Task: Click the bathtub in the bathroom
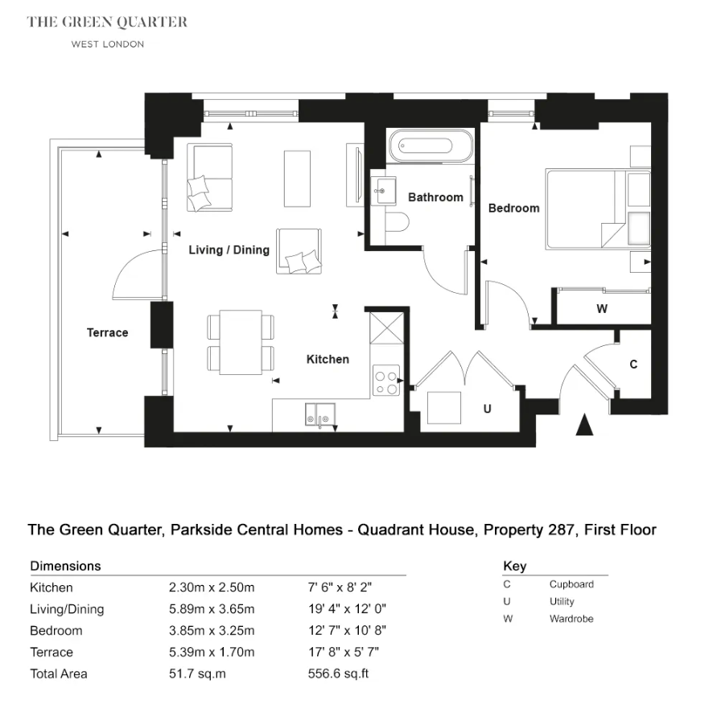coord(430,146)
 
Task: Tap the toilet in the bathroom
coord(397,223)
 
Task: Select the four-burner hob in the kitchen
coord(386,380)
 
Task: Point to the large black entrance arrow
coord(584,424)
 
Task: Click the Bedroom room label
coord(514,208)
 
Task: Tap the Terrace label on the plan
coord(108,332)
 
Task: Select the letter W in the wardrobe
coord(602,309)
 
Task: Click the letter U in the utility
coord(488,409)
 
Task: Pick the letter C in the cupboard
coord(633,364)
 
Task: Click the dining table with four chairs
coord(241,342)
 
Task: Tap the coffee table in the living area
coord(297,179)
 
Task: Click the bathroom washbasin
coord(384,191)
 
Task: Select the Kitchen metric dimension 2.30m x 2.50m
coord(212,587)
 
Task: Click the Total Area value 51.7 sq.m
coord(197,674)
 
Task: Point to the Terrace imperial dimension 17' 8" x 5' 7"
coord(344,652)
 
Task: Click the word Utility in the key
coord(562,601)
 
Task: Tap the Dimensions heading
coord(65,566)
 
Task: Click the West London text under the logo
coord(108,44)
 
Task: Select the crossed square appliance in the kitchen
coord(387,328)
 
